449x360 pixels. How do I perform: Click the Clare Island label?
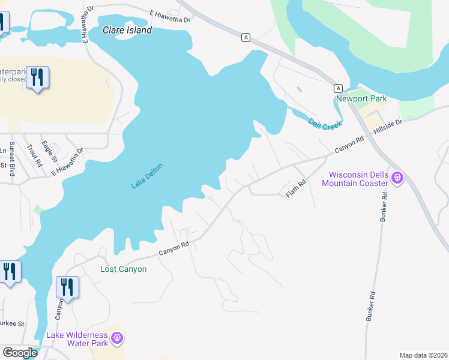coord(127,30)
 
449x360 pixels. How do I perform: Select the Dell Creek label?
coord(325,124)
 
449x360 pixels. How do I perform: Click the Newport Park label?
coord(361,98)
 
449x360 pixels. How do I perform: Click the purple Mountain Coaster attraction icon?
coord(397,178)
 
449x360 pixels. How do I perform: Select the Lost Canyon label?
coord(123,269)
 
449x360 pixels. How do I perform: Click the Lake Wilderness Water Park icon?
coord(117,339)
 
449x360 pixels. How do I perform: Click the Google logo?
coord(20,352)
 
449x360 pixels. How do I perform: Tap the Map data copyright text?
coord(423,355)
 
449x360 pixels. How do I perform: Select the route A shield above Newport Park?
coord(339,87)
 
